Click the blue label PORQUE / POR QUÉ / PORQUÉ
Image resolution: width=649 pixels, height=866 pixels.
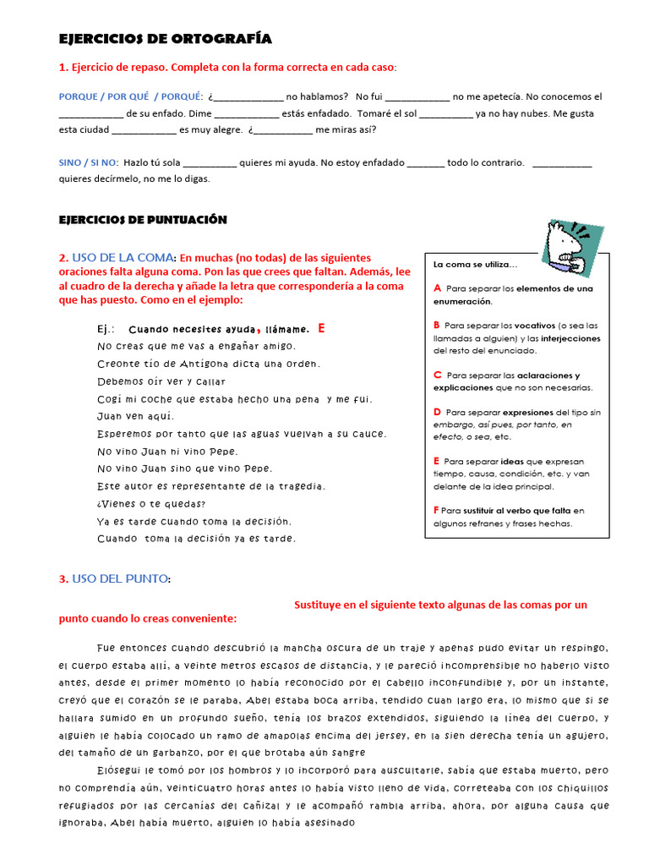130,96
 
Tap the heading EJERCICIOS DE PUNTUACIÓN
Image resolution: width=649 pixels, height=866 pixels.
143,219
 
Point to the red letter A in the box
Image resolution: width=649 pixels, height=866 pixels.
437,288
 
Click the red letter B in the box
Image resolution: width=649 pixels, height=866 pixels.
437,325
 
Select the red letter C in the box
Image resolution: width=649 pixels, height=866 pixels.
438,375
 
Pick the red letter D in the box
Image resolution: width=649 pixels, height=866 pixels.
438,412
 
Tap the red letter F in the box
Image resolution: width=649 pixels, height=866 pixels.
436,511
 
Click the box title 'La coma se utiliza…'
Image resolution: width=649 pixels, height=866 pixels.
475,265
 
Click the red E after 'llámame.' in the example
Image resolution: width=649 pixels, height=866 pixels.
321,328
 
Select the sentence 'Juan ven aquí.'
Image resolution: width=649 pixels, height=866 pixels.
136,416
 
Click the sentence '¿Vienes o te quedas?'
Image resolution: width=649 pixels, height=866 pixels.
151,504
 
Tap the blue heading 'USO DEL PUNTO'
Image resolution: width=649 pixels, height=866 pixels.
121,579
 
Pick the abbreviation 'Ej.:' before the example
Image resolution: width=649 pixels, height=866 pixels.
106,329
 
